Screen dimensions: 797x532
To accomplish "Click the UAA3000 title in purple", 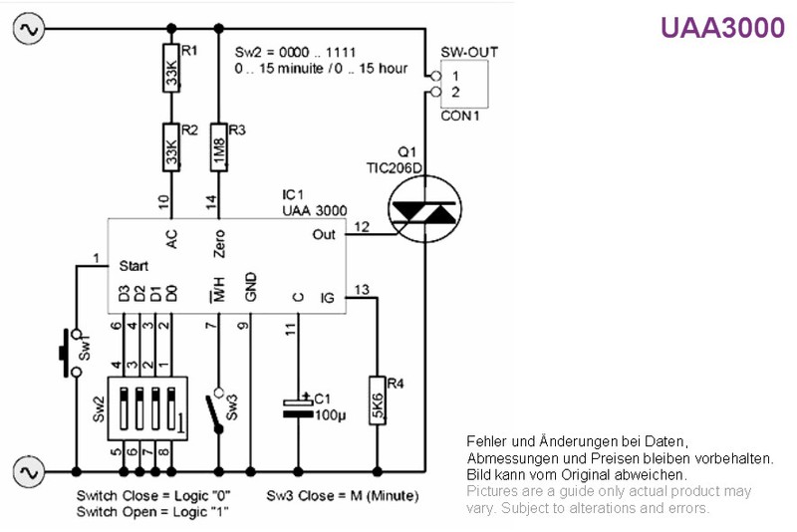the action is tap(722, 28).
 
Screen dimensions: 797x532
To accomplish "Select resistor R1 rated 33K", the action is tap(171, 68).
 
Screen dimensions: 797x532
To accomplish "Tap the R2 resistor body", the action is tap(171, 146).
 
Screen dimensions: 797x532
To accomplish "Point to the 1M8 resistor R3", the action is tap(218, 146).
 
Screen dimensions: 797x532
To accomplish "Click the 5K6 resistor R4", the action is tap(378, 400).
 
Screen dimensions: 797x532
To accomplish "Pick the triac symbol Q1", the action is tap(425, 209).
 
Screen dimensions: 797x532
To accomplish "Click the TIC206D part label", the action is tap(395, 167).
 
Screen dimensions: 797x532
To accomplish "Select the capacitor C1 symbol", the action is tap(298, 408).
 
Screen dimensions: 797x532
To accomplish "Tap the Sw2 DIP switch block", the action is tap(147, 408).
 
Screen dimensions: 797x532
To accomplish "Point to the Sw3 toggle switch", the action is tap(215, 412).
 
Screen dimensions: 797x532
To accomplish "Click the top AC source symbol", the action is tap(29, 29).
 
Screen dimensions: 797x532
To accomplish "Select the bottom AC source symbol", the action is tap(29, 472).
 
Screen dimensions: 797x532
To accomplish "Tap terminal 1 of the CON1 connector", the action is tap(435, 77).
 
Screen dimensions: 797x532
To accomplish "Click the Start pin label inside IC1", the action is tap(133, 266).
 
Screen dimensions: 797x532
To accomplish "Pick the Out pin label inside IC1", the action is tap(324, 235).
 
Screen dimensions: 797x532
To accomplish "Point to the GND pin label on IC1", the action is tap(251, 287).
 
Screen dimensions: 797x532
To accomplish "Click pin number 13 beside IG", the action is tap(362, 290).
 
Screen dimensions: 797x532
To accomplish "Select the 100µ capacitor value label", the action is tap(331, 415).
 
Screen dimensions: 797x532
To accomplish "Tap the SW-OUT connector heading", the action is tap(469, 53).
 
